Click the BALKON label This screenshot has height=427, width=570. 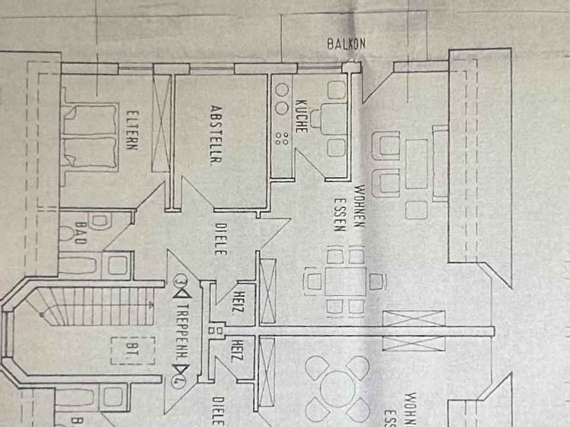click(x=346, y=43)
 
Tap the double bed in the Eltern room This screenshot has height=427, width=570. click(x=88, y=136)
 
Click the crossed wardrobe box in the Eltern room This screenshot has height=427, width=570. click(x=161, y=124)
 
